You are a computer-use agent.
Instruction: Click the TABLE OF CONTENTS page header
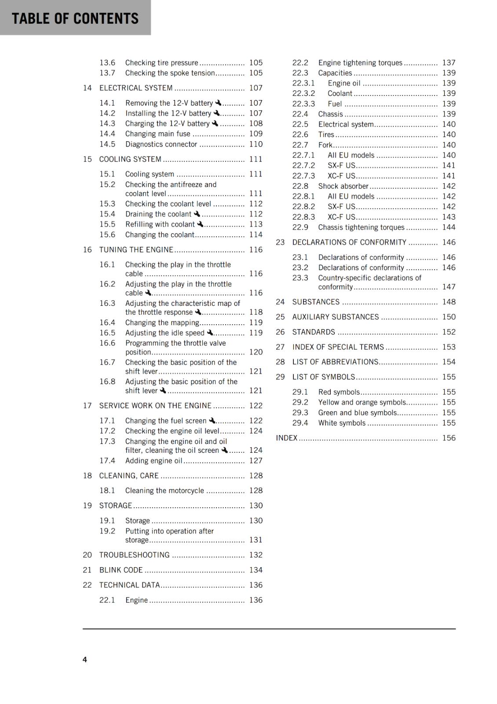click(75, 18)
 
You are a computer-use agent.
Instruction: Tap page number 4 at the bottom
click(85, 659)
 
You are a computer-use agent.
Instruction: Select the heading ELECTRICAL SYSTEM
click(136, 88)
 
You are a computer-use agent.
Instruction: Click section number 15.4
click(107, 214)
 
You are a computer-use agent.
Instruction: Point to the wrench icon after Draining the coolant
click(197, 214)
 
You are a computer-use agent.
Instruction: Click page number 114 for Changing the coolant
click(256, 235)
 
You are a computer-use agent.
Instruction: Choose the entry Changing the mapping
click(162, 323)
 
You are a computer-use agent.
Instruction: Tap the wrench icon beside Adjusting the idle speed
click(210, 333)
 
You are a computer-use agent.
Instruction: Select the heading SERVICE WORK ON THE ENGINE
click(155, 406)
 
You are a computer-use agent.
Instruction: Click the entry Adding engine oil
click(153, 461)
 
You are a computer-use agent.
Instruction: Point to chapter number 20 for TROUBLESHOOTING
click(88, 555)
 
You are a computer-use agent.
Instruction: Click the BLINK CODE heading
click(121, 570)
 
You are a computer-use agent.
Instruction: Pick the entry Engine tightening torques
click(360, 63)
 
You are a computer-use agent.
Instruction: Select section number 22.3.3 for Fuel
click(303, 104)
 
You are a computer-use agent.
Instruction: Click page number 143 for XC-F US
click(449, 217)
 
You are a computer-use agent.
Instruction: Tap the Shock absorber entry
click(343, 186)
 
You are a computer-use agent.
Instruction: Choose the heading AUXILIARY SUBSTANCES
click(336, 317)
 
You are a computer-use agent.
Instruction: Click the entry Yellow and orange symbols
click(362, 402)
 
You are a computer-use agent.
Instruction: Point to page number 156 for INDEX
click(449, 438)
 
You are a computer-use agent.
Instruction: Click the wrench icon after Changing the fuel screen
click(212, 421)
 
